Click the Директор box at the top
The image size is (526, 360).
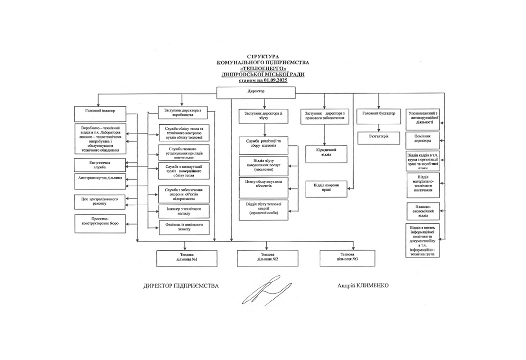256,92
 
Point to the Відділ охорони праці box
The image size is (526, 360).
326,188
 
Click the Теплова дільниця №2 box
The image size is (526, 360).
267,258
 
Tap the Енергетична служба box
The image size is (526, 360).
100,164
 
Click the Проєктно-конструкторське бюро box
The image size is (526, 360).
100,224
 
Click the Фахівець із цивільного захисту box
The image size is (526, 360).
184,227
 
